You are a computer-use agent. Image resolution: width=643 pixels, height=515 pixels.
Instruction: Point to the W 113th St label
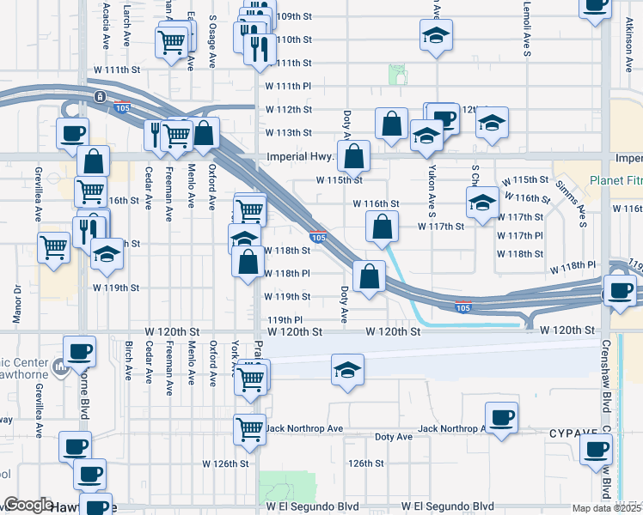[x=288, y=132]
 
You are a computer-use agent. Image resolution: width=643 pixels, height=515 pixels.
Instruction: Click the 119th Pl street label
[x=285, y=318]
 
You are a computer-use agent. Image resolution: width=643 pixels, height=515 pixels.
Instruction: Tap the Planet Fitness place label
[x=615, y=181]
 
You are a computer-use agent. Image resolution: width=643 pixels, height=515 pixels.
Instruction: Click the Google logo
[x=28, y=505]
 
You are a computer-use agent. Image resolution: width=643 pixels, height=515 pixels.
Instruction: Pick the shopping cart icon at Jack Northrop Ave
[x=249, y=427]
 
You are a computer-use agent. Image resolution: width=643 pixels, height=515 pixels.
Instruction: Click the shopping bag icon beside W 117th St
[x=382, y=227]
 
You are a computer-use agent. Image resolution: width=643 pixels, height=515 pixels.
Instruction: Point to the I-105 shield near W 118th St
[x=318, y=237]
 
